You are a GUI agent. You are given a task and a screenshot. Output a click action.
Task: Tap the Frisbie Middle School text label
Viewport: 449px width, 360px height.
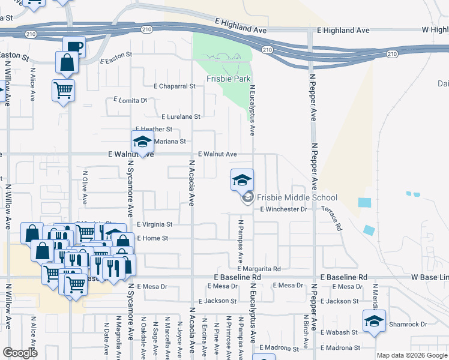click(297, 197)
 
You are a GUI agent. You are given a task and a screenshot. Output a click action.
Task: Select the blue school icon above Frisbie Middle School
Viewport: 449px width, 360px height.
click(242, 179)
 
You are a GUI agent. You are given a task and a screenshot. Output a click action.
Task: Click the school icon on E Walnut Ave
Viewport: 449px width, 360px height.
click(142, 142)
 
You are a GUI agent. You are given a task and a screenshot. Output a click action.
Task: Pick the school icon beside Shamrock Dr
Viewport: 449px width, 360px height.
click(374, 320)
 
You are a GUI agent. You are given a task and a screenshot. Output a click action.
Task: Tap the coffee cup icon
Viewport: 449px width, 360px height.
click(74, 47)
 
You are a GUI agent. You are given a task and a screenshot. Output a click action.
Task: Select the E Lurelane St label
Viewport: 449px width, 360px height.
click(181, 116)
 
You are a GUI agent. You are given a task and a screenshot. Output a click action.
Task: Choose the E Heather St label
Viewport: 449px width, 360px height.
click(154, 129)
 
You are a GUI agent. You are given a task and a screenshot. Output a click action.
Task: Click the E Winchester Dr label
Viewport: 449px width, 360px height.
click(283, 209)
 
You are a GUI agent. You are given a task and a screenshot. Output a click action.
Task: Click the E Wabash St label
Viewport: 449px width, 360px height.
click(339, 332)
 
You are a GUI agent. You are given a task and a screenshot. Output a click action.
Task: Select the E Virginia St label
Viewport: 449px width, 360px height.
click(154, 224)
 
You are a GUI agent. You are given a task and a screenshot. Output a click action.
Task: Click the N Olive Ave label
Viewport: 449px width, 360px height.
click(85, 188)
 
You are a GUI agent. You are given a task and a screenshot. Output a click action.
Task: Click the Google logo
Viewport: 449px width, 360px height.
click(20, 353)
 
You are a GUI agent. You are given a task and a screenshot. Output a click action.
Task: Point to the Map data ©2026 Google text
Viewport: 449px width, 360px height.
click(412, 355)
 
